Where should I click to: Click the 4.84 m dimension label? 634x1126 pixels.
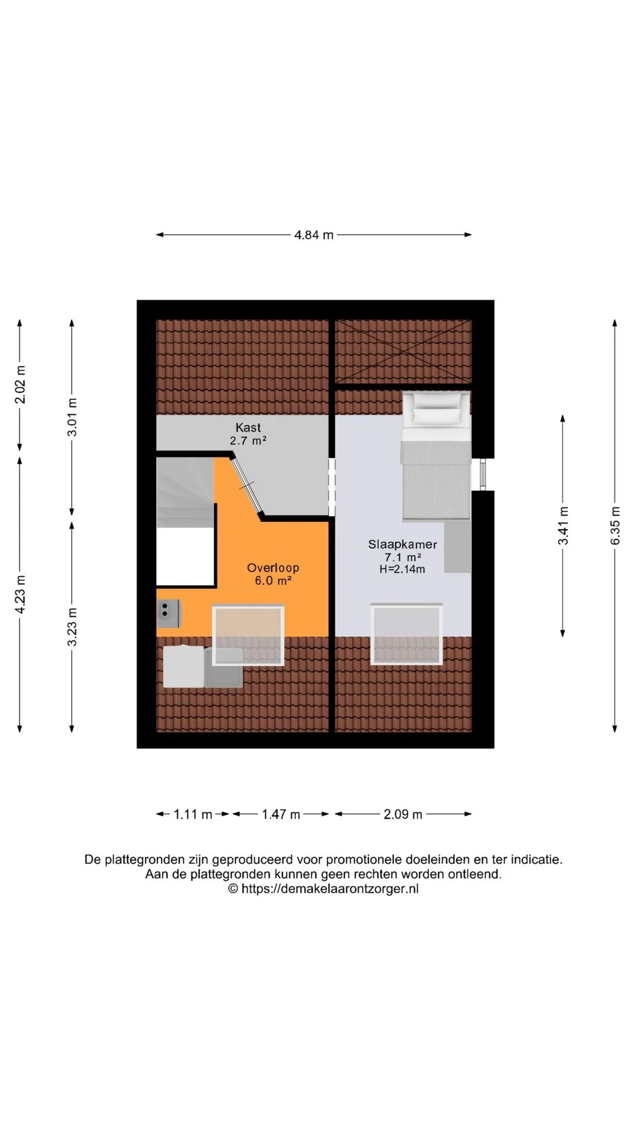pos(314,235)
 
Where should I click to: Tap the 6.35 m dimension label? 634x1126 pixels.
pos(615,525)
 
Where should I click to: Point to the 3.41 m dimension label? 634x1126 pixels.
pos(563,525)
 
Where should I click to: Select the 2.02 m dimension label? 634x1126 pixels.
pos(20,385)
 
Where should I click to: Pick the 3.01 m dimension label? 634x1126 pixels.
pos(72,417)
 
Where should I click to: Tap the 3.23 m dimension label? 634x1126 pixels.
pos(72,626)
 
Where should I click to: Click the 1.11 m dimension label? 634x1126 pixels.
pos(193,815)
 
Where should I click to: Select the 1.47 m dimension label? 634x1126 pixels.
pos(281,815)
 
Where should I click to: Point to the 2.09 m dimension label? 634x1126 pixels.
pos(403,815)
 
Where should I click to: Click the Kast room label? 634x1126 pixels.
pos(248,428)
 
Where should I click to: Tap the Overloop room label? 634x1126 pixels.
pos(273,568)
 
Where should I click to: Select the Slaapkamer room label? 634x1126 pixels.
pos(403,544)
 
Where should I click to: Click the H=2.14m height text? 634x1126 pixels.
pos(402,569)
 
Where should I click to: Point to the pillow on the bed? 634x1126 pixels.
pos(436,409)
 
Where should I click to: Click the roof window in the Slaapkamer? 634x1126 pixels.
pos(406,634)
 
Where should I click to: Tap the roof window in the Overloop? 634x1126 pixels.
pos(248,636)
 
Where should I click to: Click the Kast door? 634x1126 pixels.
pos(247,486)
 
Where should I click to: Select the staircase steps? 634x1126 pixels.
pos(185,493)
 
